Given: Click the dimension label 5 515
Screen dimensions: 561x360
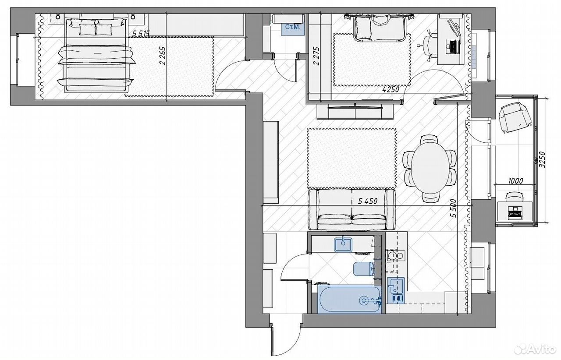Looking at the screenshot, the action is pyautogui.click(x=141, y=33).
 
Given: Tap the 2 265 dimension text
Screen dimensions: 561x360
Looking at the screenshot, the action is pyautogui.click(x=163, y=56).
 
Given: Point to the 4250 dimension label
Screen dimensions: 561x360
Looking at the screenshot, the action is pyautogui.click(x=391, y=89).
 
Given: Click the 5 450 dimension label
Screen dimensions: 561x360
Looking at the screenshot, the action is pyautogui.click(x=368, y=201).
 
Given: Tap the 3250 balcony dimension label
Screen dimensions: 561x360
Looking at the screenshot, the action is pyautogui.click(x=542, y=160).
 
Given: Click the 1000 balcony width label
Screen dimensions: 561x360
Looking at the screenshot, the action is pyautogui.click(x=515, y=180).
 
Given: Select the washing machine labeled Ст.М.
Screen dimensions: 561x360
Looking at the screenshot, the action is pyautogui.click(x=293, y=28).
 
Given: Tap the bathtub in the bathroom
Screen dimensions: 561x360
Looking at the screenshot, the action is pyautogui.click(x=350, y=300).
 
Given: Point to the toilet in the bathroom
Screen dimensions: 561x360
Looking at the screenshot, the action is pyautogui.click(x=364, y=269).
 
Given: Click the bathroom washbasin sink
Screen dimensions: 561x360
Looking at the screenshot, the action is pyautogui.click(x=343, y=244).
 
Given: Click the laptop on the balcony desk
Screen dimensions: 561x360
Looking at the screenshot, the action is pyautogui.click(x=515, y=213).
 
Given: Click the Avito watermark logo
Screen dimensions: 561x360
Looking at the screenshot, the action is pyautogui.click(x=535, y=349).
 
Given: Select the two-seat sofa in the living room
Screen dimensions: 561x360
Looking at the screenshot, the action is pyautogui.click(x=352, y=209).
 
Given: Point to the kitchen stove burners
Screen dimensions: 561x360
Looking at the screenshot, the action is pyautogui.click(x=395, y=255).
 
